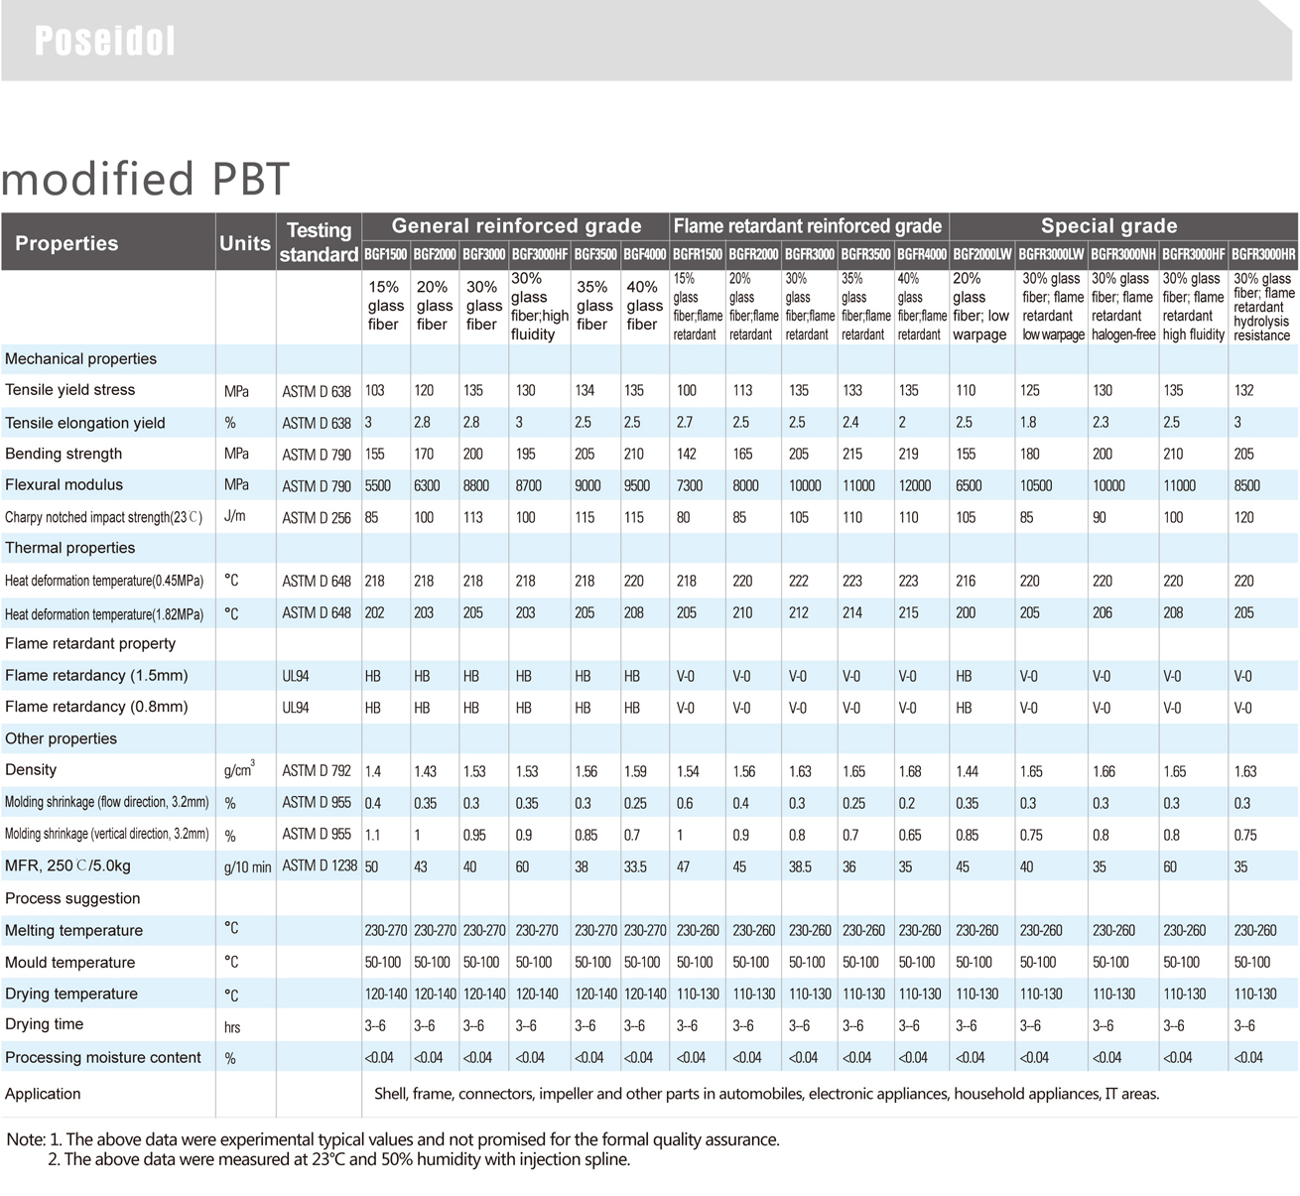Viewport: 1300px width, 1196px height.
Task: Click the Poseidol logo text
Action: coord(104,41)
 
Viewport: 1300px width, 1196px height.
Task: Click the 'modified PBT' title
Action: coord(145,179)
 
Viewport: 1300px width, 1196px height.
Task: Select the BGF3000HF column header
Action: coord(540,254)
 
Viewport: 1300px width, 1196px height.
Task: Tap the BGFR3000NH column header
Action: coord(1123,254)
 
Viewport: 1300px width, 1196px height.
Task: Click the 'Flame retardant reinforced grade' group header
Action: coord(808,226)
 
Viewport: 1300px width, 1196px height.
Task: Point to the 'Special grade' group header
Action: coord(1108,226)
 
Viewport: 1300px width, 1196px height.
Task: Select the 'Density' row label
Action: coord(31,770)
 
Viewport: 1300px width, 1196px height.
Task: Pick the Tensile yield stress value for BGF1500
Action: coord(374,391)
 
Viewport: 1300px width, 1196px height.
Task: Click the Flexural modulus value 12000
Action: coord(915,485)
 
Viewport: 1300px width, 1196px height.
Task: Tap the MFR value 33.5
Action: coord(635,866)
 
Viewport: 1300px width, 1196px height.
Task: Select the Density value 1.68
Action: coord(909,771)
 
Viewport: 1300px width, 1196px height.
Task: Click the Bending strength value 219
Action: coord(909,455)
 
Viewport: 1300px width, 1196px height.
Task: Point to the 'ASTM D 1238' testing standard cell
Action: coord(319,865)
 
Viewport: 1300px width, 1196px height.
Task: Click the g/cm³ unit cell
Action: coord(239,770)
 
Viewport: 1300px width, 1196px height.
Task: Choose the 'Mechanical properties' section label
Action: coord(80,359)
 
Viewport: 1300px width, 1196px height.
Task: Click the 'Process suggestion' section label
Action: coord(72,898)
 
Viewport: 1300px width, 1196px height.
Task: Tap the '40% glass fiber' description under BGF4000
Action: coord(643,306)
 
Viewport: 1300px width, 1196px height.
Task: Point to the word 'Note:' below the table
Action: coord(26,1139)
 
